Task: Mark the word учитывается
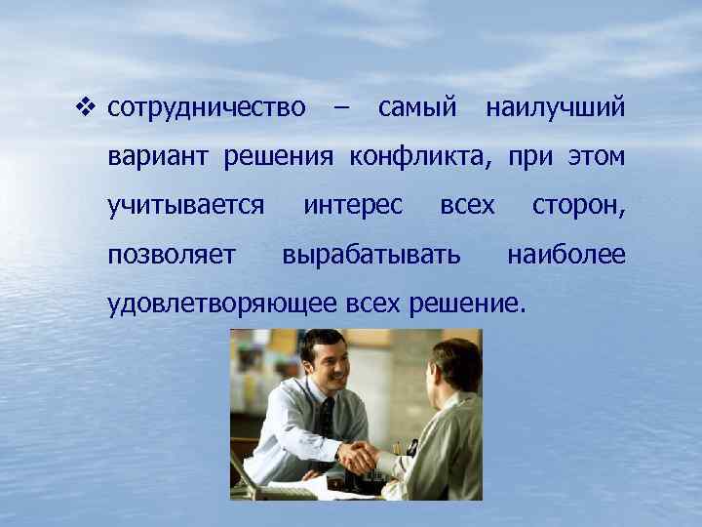coord(186,206)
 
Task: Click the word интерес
coord(353,206)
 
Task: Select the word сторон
coord(578,206)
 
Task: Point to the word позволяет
coord(172,256)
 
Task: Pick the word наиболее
coord(565,256)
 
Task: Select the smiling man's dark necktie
coord(326,414)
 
